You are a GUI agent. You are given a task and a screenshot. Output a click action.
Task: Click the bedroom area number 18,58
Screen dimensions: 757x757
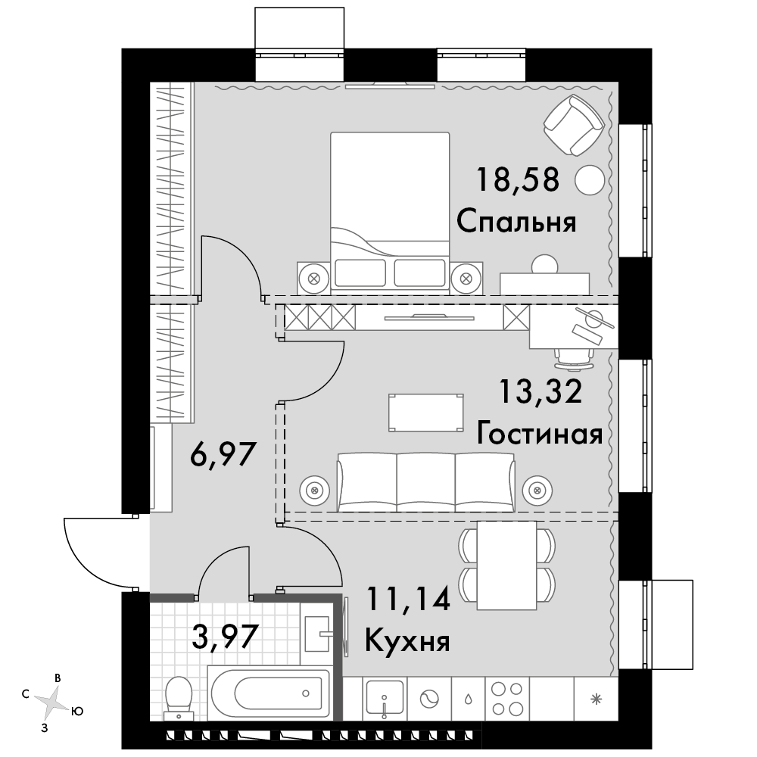(518, 179)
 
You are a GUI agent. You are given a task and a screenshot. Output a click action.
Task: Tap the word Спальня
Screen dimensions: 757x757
(516, 223)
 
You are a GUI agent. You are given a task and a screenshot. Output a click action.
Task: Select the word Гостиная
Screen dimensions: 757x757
(540, 434)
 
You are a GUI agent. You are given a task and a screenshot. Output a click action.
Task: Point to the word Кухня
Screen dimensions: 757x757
(407, 642)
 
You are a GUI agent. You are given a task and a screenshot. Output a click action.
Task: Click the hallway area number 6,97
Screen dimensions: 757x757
(223, 454)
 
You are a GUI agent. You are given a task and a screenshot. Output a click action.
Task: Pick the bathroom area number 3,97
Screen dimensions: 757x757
(223, 636)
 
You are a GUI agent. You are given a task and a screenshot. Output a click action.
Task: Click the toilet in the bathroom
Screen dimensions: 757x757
(179, 698)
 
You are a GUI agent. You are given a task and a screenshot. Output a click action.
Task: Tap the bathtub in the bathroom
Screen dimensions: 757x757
(269, 693)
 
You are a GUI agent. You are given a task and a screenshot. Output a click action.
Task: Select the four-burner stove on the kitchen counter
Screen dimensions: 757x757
(506, 699)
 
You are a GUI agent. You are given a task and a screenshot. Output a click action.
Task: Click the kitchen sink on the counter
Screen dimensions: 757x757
(385, 697)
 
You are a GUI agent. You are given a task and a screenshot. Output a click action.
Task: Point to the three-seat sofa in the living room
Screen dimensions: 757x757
(425, 481)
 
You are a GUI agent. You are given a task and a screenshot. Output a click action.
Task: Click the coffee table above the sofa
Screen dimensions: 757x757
(425, 413)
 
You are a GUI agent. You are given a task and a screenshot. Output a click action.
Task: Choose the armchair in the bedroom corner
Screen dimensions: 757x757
(574, 125)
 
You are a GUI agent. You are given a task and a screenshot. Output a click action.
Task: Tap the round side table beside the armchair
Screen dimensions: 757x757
(590, 180)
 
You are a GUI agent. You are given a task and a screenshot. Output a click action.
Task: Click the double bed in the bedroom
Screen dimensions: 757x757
(390, 213)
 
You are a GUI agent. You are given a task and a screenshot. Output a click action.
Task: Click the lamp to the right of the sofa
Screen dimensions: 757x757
(537, 491)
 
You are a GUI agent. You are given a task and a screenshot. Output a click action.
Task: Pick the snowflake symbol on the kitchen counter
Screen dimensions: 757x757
(597, 698)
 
